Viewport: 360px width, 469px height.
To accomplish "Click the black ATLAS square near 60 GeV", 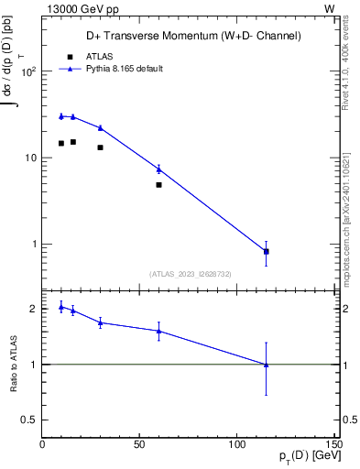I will (x=158, y=185).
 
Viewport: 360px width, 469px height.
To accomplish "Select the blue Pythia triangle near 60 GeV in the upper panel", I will (x=158, y=169).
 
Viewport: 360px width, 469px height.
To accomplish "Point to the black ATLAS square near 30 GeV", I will (x=100, y=147).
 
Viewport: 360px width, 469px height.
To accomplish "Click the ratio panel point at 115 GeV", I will (x=266, y=365).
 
